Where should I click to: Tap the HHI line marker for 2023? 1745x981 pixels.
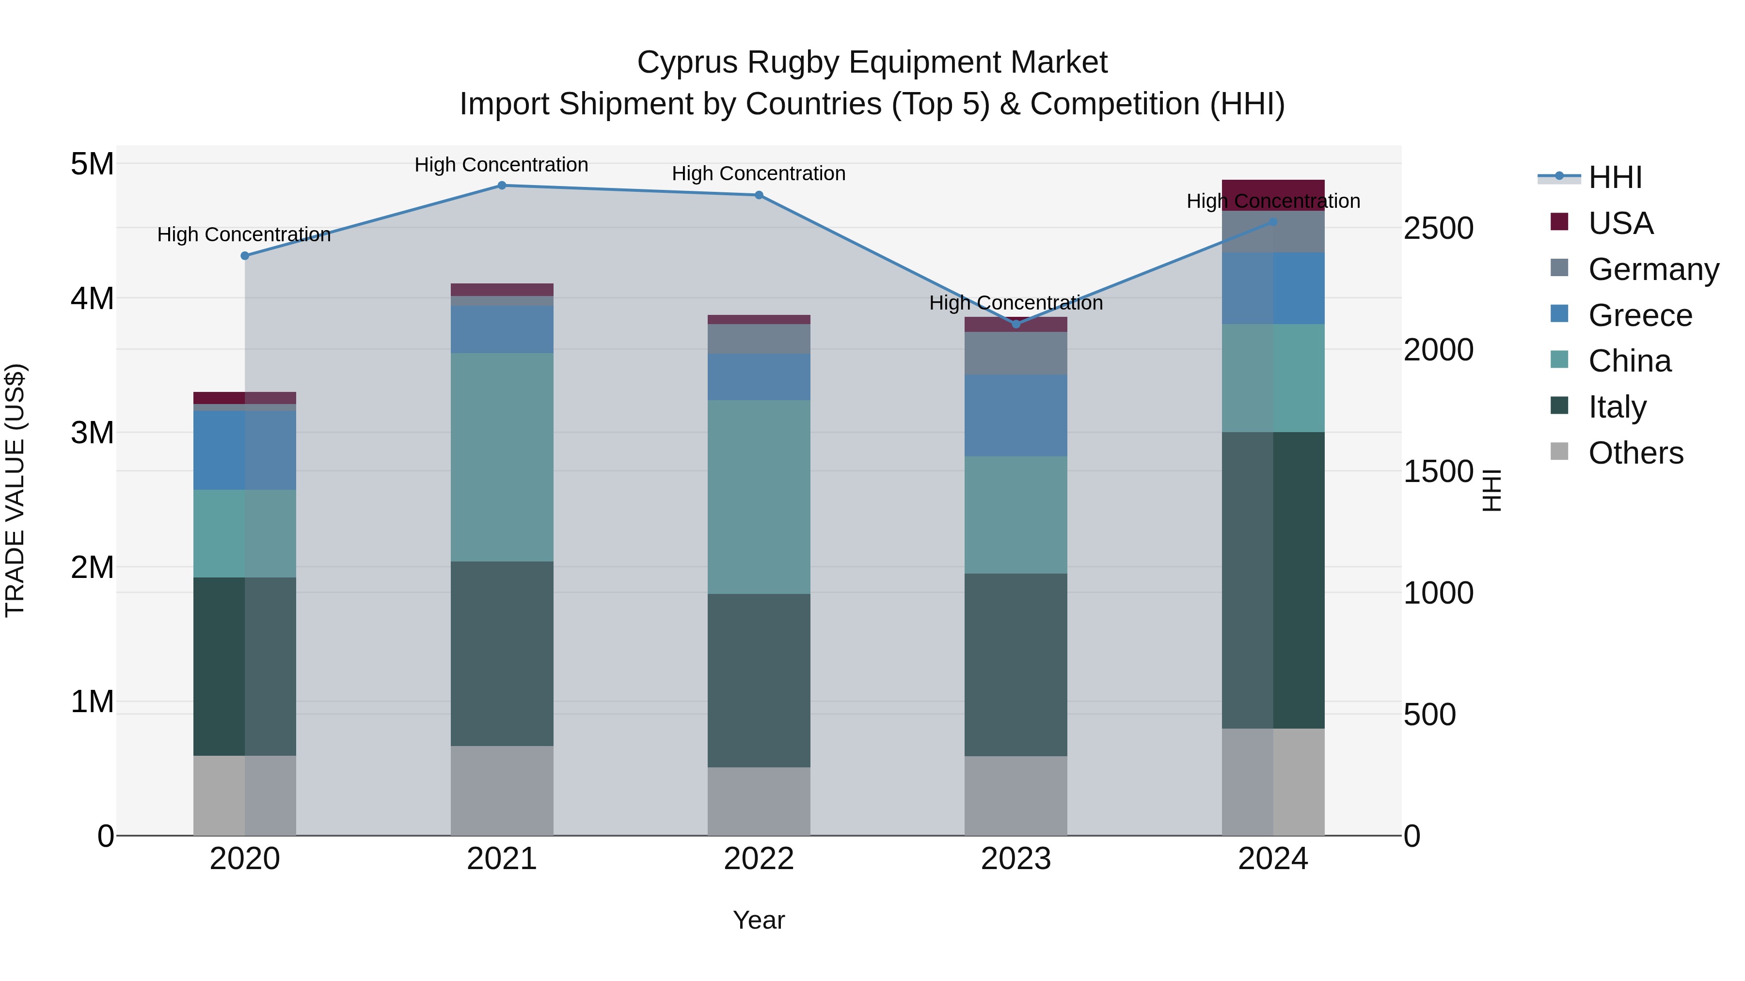[x=1015, y=324]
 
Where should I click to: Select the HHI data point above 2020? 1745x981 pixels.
[x=245, y=256]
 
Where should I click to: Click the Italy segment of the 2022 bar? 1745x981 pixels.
[x=759, y=681]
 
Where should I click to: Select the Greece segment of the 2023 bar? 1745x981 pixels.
[x=1015, y=415]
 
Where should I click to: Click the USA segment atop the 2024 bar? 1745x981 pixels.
[x=1273, y=195]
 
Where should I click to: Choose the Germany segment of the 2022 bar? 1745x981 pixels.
[x=759, y=339]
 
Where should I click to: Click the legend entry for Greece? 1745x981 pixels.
[x=1639, y=315]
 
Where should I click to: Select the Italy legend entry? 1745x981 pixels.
[x=1617, y=407]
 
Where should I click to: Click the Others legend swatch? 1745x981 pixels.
[x=1559, y=452]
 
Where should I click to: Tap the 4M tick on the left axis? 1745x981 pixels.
[x=93, y=298]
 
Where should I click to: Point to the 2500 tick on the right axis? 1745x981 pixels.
[x=1438, y=228]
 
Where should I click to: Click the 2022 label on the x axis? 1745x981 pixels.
[x=759, y=859]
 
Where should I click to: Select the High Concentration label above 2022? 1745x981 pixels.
[x=759, y=173]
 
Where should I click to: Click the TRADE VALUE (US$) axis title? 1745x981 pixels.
[x=15, y=490]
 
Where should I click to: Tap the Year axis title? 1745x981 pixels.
[x=759, y=920]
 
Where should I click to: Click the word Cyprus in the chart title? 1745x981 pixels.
[x=687, y=62]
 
